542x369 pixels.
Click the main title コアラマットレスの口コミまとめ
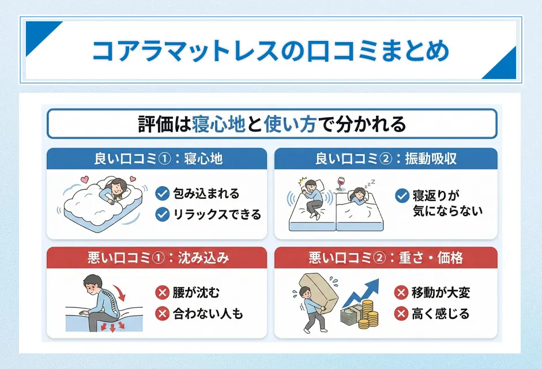coord(271,51)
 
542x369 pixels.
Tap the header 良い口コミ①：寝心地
coord(157,159)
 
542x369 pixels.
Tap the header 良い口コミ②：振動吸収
coord(386,159)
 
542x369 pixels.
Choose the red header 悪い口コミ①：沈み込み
coord(157,258)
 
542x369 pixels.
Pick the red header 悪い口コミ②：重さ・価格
coord(386,258)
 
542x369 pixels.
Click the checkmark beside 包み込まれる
coord(163,194)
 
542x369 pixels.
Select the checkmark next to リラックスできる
coord(163,214)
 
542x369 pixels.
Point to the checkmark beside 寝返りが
coord(402,195)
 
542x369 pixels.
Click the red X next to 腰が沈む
coord(163,293)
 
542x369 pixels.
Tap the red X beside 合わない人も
coord(163,314)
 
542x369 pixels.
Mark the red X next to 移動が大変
coord(401,293)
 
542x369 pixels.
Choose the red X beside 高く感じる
coord(401,314)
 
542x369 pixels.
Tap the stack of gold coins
coord(368,318)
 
